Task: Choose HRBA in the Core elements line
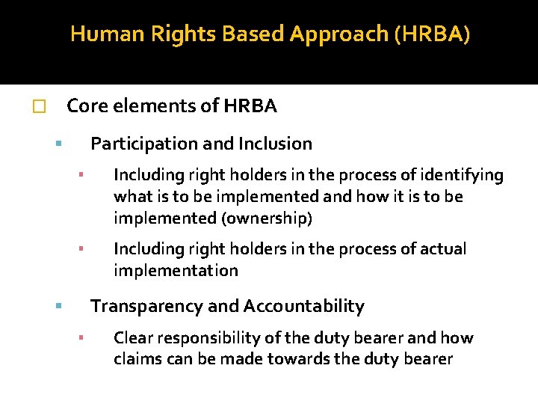click(x=250, y=106)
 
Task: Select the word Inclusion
click(x=275, y=143)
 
